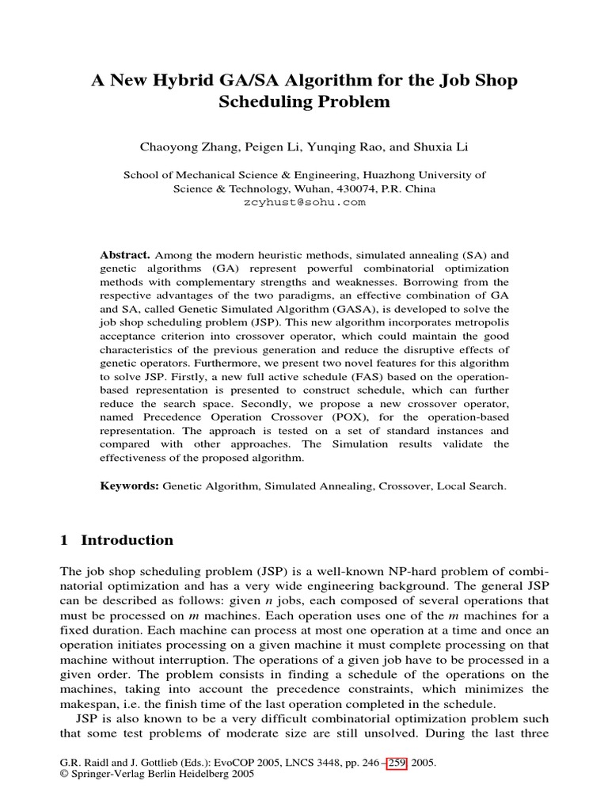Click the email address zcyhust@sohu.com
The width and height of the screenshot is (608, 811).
click(x=303, y=203)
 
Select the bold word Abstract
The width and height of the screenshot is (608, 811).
click(x=124, y=255)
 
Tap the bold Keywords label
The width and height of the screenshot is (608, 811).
click(x=130, y=485)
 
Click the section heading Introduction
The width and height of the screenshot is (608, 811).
click(x=127, y=540)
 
